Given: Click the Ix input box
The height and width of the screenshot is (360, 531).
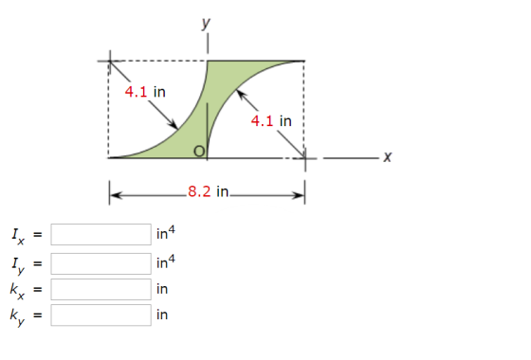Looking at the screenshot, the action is point(101,234).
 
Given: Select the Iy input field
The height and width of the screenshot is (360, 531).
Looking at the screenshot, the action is point(101,263).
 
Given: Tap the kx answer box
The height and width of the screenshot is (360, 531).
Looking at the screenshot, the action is point(101,289).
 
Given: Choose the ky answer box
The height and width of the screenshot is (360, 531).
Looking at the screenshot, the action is point(101,315).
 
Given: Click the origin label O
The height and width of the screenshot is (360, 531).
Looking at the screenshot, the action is point(199,152).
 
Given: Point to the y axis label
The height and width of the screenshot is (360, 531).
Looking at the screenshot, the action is point(206,24).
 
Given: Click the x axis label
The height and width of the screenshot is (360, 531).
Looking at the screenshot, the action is point(388,156).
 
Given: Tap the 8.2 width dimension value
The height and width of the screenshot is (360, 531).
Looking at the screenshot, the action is point(199,191).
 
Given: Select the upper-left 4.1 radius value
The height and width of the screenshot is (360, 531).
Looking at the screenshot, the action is point(136,92).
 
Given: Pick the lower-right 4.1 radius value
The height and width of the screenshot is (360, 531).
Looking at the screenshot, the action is point(262,121).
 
